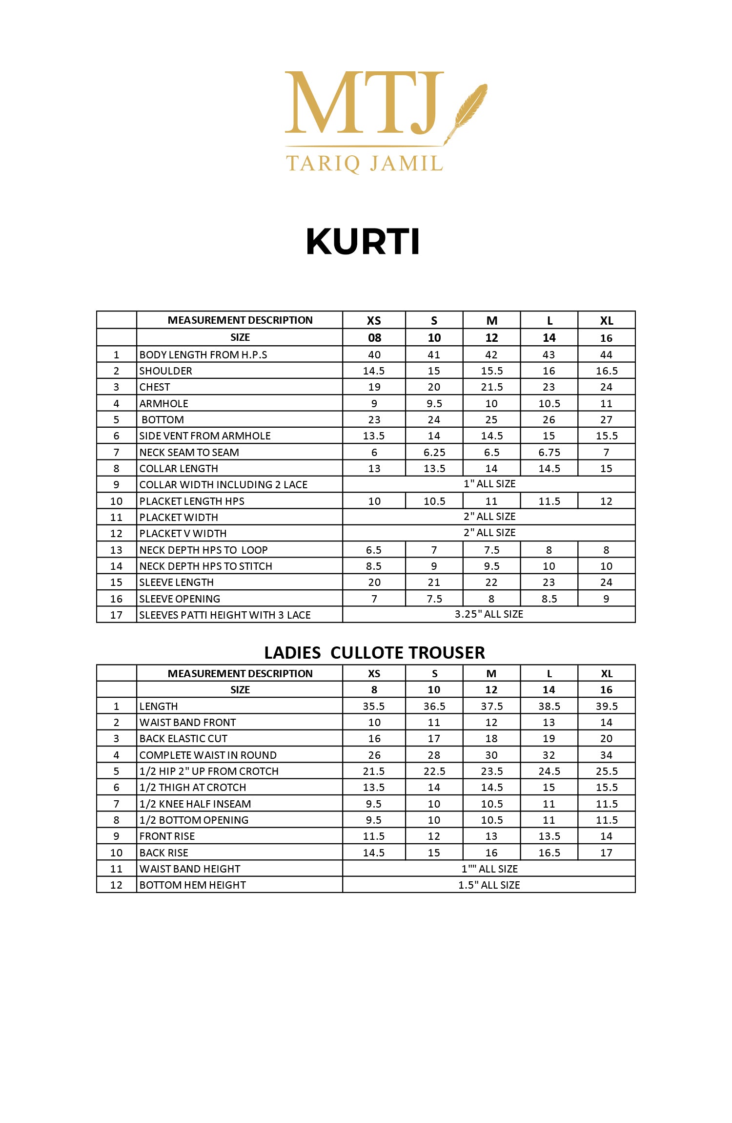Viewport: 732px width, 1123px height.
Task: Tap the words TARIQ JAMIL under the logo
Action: coord(364,164)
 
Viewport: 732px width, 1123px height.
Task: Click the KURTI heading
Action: coord(363,242)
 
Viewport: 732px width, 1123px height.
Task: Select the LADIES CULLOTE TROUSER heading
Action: coord(374,653)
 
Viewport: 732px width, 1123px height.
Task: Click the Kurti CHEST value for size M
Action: coord(491,387)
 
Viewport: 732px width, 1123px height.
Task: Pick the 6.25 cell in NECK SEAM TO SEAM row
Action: coord(434,453)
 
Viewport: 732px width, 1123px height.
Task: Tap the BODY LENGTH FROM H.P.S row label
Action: coord(203,355)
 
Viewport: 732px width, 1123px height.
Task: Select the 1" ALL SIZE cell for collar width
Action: coord(489,484)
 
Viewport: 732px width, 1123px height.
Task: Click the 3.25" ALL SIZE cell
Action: coord(488,614)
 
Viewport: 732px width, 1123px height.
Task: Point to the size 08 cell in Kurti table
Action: coord(374,338)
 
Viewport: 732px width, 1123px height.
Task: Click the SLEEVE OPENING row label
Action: coord(180,599)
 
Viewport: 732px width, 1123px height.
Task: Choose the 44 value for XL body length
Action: coord(606,355)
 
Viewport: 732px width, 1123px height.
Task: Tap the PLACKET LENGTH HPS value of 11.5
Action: coord(549,501)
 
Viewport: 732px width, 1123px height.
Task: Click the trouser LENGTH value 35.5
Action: coord(374,707)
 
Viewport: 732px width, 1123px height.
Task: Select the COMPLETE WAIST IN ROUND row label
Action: coord(208,755)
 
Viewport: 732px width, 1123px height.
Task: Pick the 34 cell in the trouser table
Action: coord(606,755)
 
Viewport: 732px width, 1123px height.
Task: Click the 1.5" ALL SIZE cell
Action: coord(488,885)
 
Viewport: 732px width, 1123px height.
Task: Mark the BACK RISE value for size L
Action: coord(549,853)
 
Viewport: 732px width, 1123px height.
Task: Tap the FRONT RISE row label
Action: coord(167,836)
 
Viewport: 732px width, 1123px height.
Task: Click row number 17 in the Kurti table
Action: coord(116,615)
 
